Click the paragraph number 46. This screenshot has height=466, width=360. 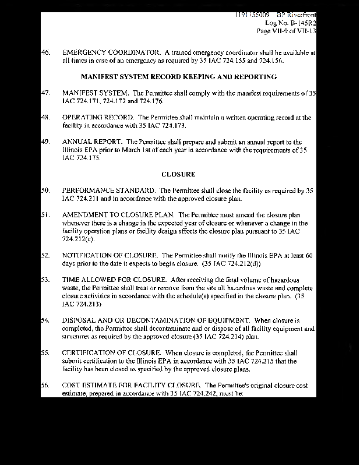[x=45, y=52]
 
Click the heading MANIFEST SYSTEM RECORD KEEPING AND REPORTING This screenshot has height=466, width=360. [x=178, y=76]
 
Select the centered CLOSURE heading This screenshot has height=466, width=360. [x=178, y=174]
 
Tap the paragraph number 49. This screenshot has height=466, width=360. [x=45, y=142]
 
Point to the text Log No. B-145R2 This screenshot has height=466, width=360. [x=290, y=22]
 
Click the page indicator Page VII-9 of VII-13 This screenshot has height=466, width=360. [x=286, y=31]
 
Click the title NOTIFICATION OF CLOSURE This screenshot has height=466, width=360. [x=110, y=255]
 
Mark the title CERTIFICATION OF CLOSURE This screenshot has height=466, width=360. [x=111, y=353]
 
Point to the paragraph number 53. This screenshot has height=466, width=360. [x=45, y=280]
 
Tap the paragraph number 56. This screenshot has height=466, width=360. [x=45, y=386]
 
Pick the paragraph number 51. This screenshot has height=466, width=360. [x=45, y=215]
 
